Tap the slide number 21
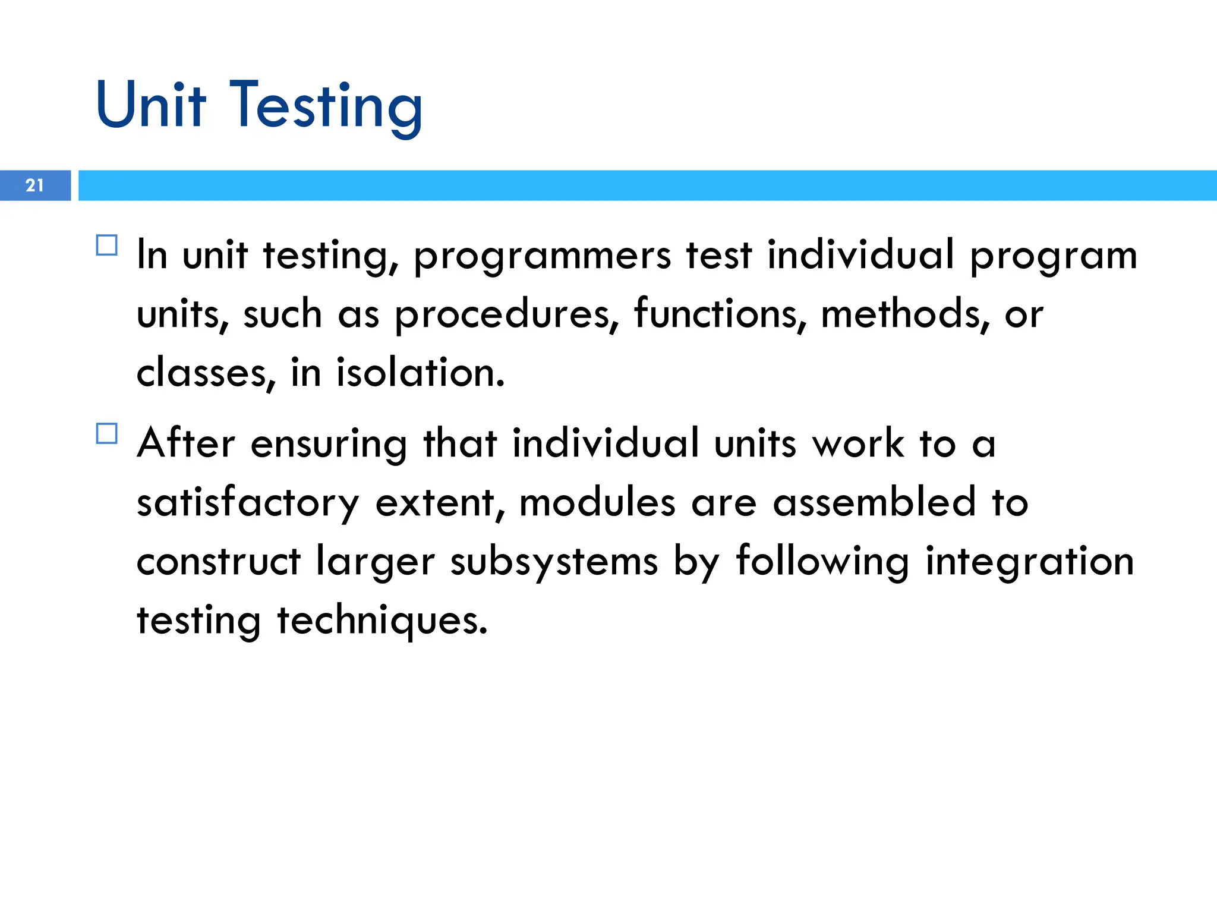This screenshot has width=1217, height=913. (35, 185)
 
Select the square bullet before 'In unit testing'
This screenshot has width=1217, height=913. (107, 245)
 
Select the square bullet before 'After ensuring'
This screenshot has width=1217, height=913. (107, 433)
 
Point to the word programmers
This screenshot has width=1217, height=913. (542, 256)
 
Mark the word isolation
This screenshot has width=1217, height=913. (420, 373)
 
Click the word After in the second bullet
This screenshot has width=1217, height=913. (186, 443)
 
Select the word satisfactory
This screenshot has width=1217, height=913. (248, 503)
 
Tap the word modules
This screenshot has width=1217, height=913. (597, 502)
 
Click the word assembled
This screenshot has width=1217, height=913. (874, 502)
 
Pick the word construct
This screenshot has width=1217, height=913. (219, 561)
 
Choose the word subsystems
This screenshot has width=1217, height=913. (554, 562)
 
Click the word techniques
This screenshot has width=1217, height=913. (382, 621)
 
